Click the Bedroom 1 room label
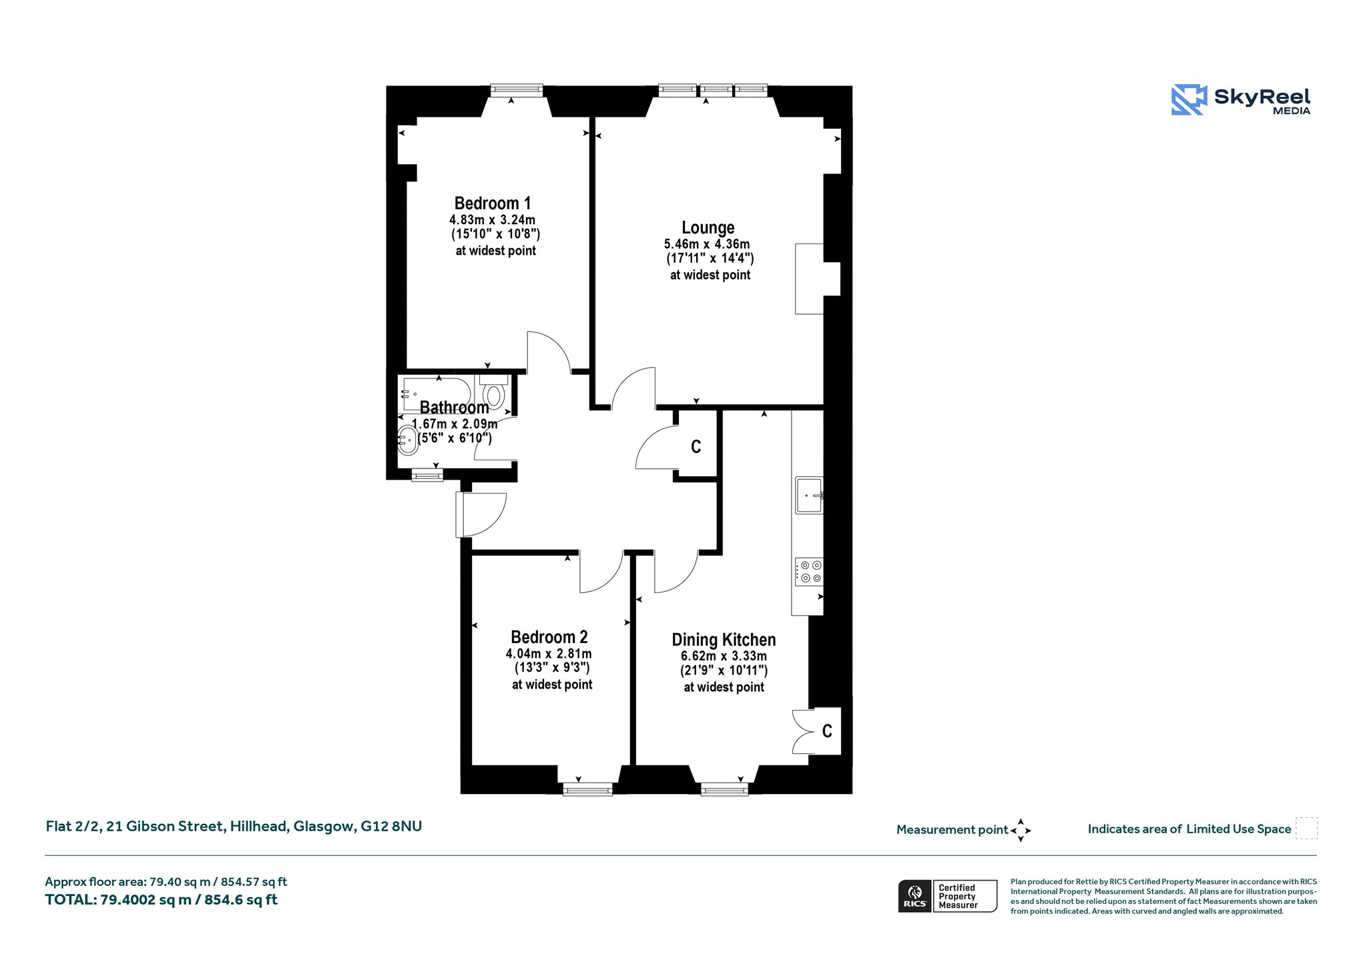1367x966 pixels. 493,203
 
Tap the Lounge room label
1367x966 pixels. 708,228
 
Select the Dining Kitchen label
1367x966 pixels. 724,640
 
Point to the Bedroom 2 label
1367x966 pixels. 549,637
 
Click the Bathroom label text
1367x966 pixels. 454,408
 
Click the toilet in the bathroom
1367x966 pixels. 493,392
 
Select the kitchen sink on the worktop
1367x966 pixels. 809,496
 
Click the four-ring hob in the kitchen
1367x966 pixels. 809,572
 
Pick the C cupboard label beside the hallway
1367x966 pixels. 696,447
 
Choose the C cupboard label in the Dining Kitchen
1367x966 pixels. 827,731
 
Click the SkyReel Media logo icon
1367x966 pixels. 1189,100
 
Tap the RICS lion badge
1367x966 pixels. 915,896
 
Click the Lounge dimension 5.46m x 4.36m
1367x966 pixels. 707,244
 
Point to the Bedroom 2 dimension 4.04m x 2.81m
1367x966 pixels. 549,654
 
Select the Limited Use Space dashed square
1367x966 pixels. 1306,829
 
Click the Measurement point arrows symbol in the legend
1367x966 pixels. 1021,831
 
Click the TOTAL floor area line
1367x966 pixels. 161,900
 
